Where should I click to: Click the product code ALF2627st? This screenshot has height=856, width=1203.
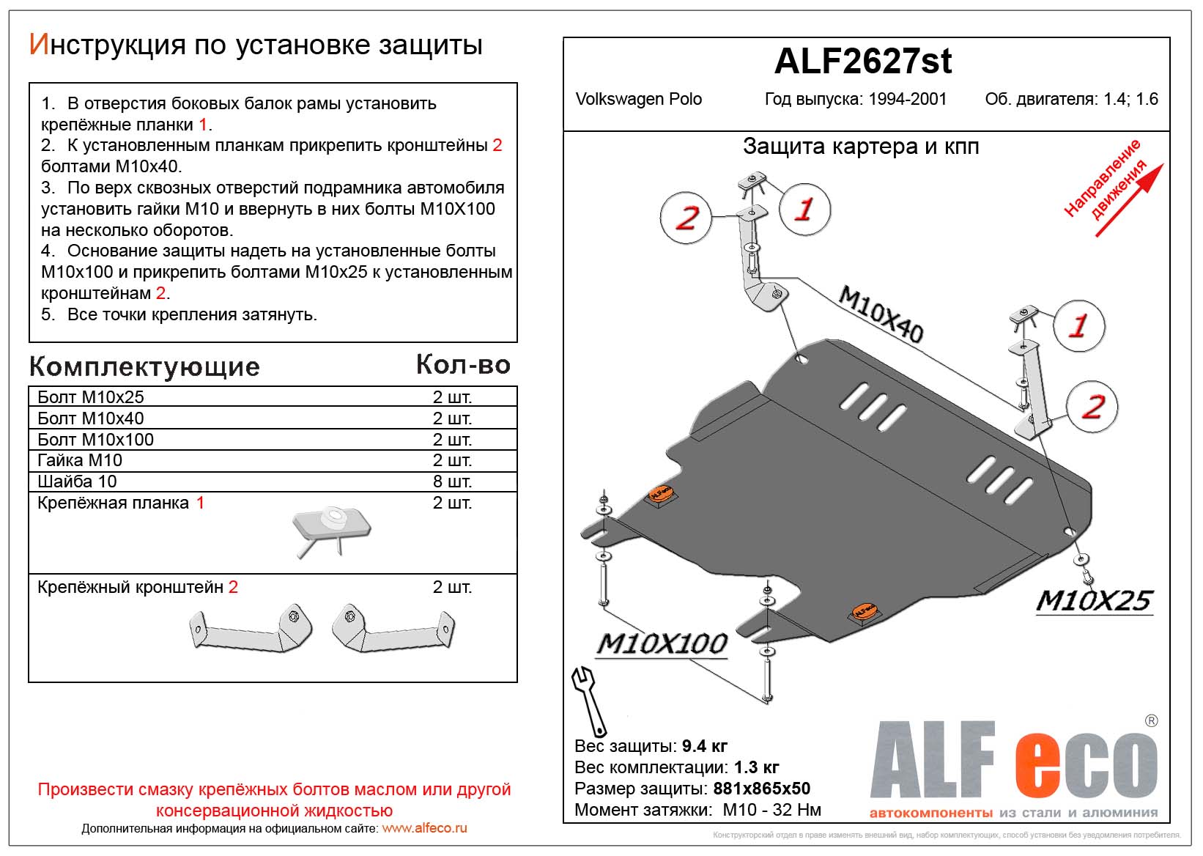click(x=863, y=62)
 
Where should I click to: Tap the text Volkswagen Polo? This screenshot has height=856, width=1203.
click(x=638, y=100)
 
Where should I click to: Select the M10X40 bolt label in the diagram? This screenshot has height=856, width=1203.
click(x=880, y=314)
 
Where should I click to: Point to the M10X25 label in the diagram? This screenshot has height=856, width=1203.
click(x=1094, y=601)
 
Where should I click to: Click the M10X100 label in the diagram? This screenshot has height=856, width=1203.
click(x=662, y=644)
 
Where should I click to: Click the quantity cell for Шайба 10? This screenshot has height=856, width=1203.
click(x=451, y=481)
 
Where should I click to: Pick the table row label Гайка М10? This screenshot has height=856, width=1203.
click(x=80, y=460)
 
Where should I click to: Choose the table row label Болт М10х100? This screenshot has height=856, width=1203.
click(x=95, y=440)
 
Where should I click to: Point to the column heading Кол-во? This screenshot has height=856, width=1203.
click(x=463, y=365)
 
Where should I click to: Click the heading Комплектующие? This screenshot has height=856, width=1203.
click(x=144, y=366)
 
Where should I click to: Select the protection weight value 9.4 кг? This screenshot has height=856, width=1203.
click(x=704, y=746)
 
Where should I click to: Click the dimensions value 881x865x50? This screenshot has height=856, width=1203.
click(x=761, y=789)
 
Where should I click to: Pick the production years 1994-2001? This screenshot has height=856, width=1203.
click(x=907, y=100)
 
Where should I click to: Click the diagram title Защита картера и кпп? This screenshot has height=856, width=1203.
click(x=861, y=147)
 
